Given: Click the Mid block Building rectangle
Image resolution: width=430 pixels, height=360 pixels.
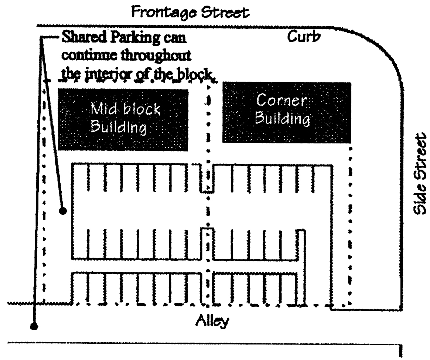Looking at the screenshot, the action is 123,120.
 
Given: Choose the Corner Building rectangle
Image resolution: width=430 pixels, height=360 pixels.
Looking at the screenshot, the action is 286,112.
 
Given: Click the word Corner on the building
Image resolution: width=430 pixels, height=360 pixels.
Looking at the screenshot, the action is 283,101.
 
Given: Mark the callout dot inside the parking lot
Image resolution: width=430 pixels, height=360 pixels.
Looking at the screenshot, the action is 63,211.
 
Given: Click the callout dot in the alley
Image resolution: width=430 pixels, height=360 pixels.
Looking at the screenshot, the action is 34,326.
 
